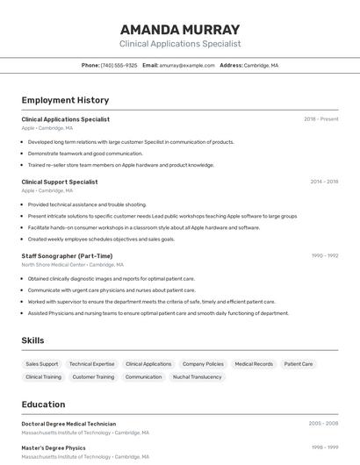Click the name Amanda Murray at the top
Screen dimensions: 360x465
(180, 29)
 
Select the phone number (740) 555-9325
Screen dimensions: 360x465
(119, 65)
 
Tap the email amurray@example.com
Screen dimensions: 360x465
(188, 65)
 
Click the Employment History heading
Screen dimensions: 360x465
(65, 100)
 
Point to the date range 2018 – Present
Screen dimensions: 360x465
(320, 118)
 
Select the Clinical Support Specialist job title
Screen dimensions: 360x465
(60, 182)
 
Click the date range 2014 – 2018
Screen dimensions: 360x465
(324, 182)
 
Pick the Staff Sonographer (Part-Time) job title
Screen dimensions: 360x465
(67, 255)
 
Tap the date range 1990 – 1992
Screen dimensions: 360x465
(324, 255)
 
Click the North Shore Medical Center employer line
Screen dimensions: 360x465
(72, 264)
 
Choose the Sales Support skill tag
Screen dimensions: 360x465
(42, 363)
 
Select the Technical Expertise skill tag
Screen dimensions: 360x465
(92, 363)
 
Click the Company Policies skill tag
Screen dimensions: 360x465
(203, 363)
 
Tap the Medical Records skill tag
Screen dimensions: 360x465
(254, 363)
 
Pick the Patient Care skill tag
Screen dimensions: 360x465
(299, 363)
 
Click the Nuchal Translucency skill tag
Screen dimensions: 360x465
(198, 376)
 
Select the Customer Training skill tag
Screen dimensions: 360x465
(93, 376)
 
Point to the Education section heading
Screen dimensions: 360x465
(43, 404)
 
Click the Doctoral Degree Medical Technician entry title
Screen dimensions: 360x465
(68, 424)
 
